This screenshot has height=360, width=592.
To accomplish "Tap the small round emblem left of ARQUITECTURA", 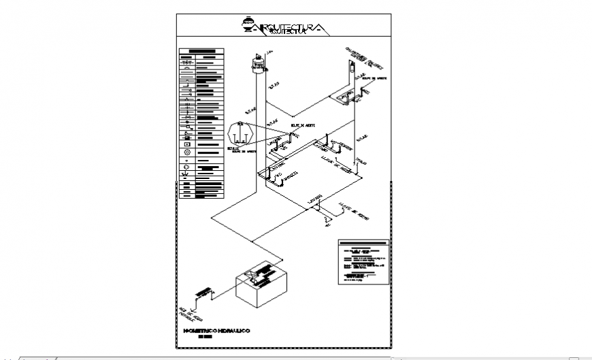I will pos(248,23).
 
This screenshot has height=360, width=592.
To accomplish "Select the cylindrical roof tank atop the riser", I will pos(258,65).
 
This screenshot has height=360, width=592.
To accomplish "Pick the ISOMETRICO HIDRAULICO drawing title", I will pos(217,330).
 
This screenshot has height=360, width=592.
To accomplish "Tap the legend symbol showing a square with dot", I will pos(186,144).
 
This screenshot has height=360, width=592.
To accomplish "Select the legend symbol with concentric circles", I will pos(186,167).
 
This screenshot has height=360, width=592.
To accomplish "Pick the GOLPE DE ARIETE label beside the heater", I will pos(372,79).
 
